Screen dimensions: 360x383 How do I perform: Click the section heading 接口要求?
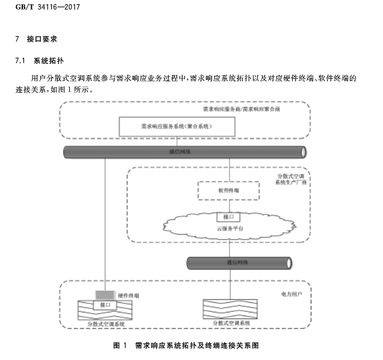coord(42,39)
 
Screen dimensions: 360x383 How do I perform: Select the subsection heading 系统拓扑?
coord(48,61)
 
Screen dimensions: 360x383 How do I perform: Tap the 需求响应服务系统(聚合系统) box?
coord(169,126)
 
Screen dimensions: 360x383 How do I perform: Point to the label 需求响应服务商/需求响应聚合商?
coord(241,110)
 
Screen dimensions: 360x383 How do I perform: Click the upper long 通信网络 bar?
coord(184,152)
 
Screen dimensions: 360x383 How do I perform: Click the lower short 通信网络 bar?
coord(238,263)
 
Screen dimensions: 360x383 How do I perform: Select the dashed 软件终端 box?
coord(228,190)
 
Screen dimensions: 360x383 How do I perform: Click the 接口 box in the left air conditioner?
coord(105,305)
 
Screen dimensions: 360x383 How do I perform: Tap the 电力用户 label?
coord(291,294)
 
